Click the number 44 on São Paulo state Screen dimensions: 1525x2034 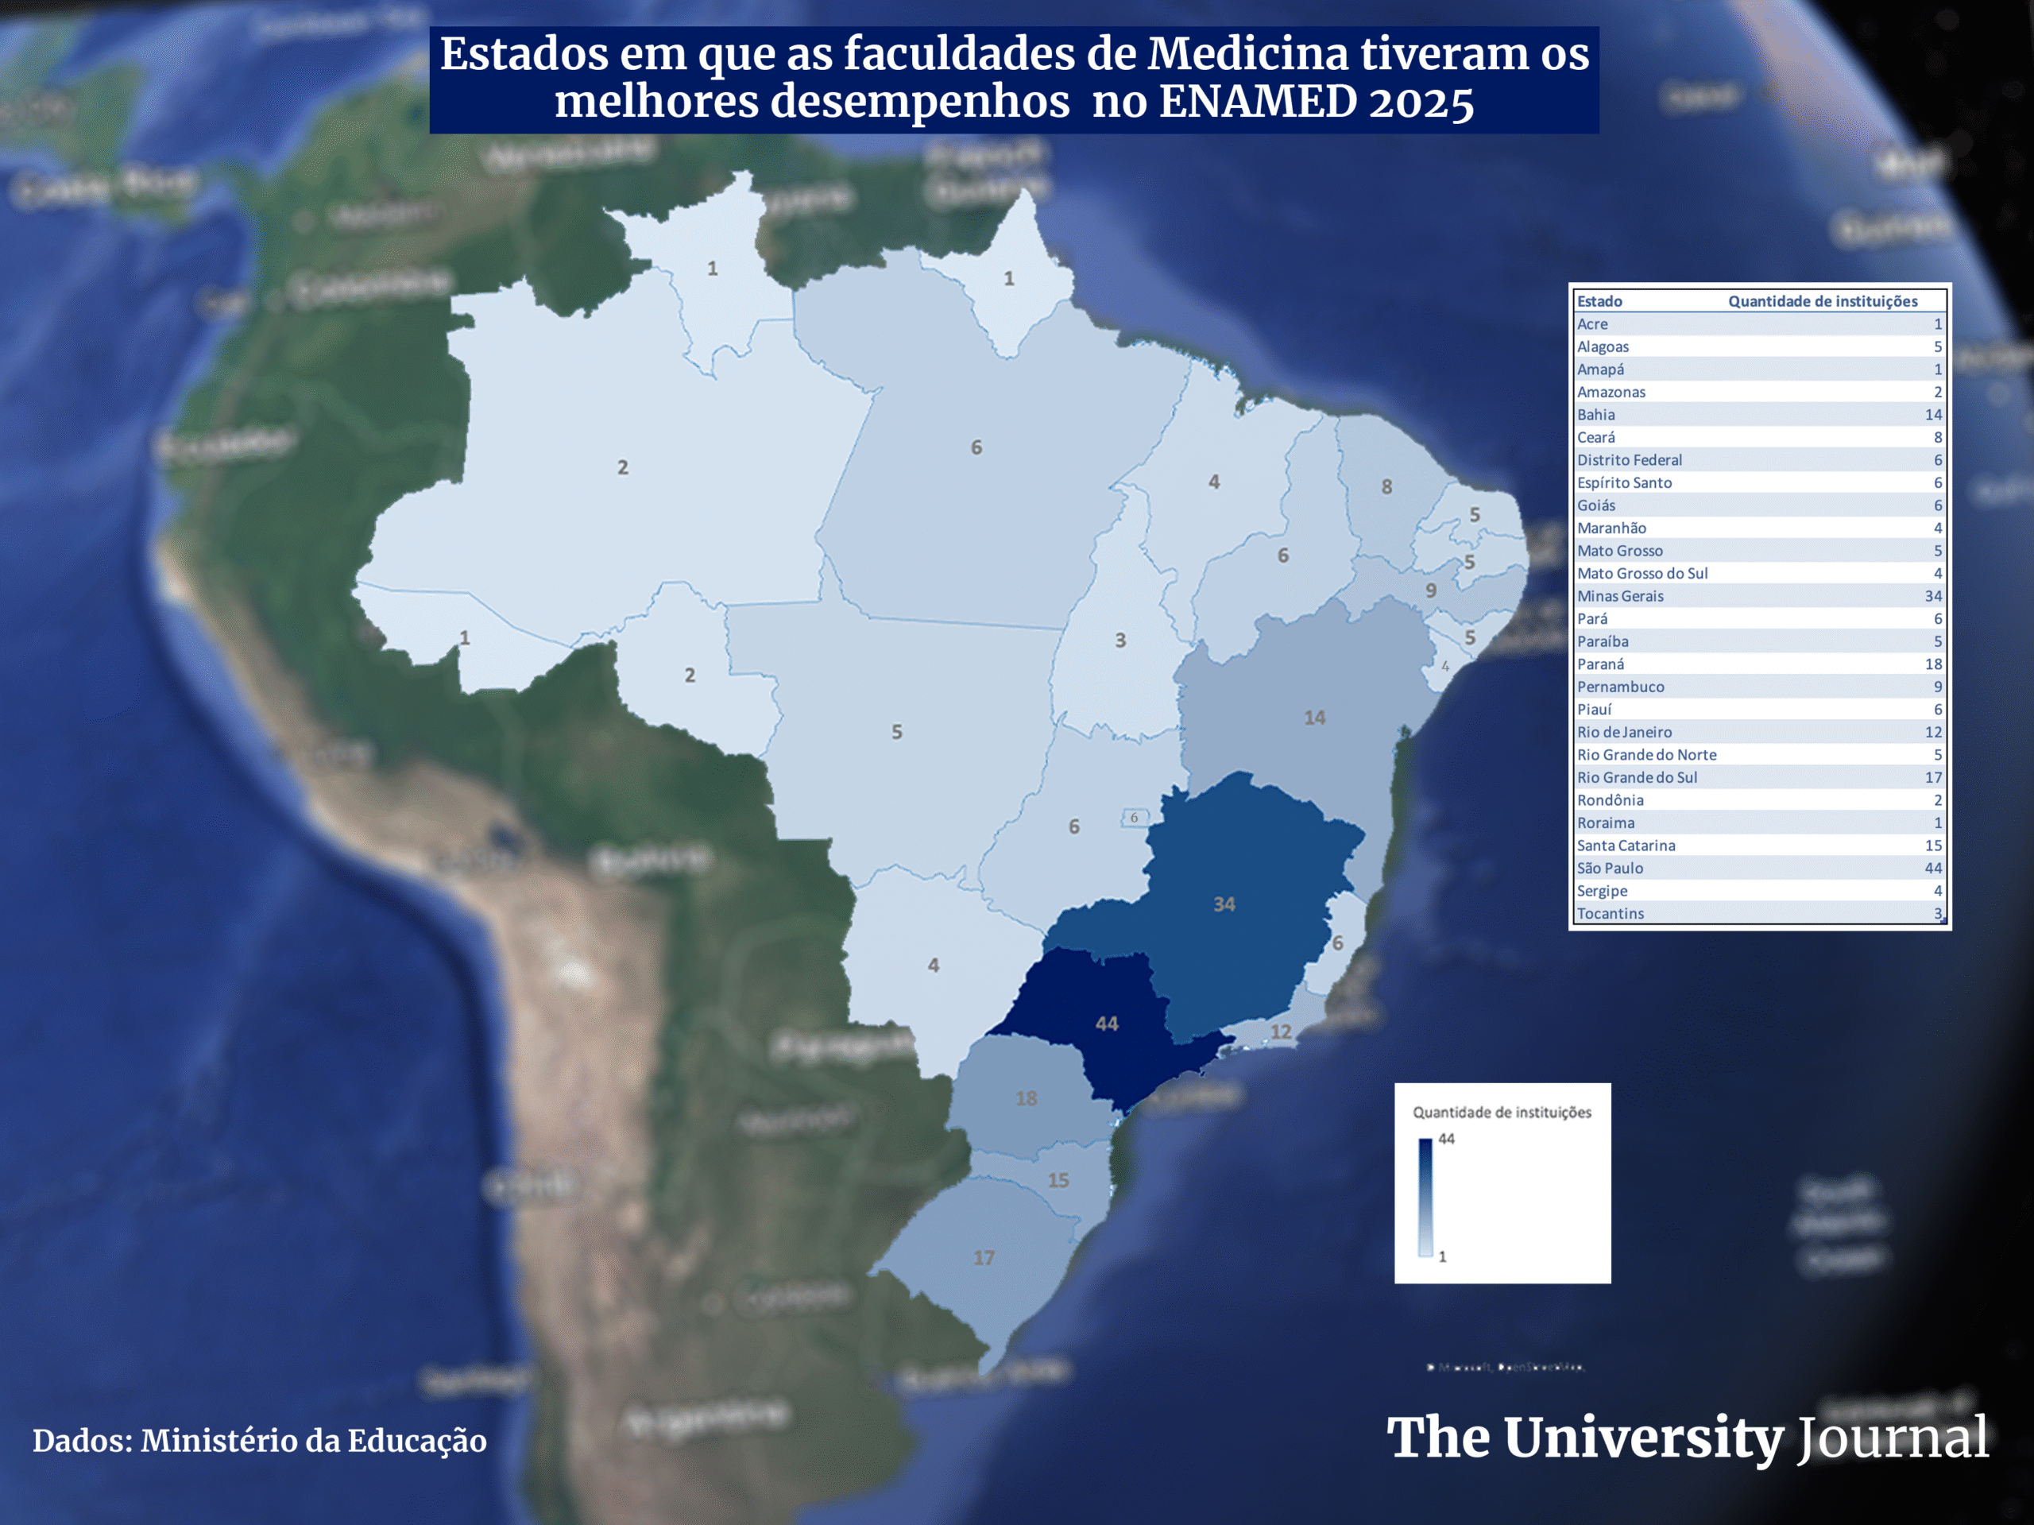point(1106,1024)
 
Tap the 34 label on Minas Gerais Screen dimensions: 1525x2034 point(1224,904)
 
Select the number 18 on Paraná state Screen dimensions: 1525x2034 point(1027,1098)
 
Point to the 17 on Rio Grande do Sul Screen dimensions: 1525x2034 point(984,1257)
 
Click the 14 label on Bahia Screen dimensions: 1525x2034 point(1314,718)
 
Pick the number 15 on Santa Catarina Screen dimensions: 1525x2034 point(1058,1180)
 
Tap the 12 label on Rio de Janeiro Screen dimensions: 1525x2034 point(1281,1032)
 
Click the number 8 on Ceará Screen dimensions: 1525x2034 point(1386,486)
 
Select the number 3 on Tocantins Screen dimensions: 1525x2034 point(1120,641)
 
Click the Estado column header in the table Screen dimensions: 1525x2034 point(1599,300)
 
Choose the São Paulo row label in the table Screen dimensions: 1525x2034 point(1610,869)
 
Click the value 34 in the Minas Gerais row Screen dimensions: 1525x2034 point(1933,596)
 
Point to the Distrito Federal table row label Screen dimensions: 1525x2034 point(1630,460)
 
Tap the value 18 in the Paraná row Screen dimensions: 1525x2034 point(1933,664)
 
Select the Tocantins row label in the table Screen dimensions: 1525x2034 point(1610,913)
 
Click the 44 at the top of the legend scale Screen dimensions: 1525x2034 point(1446,1139)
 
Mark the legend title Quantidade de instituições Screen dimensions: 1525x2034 point(1502,1112)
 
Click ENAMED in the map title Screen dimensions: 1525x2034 point(1257,101)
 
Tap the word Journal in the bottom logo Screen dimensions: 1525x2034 point(1892,1438)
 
